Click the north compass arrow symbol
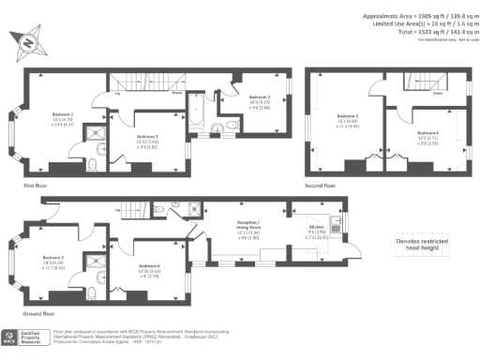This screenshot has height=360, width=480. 26,43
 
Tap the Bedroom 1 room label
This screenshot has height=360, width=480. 63,119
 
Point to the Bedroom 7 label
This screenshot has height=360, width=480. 259,100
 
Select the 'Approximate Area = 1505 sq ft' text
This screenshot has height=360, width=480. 412,16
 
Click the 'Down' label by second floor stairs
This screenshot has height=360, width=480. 438,94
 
